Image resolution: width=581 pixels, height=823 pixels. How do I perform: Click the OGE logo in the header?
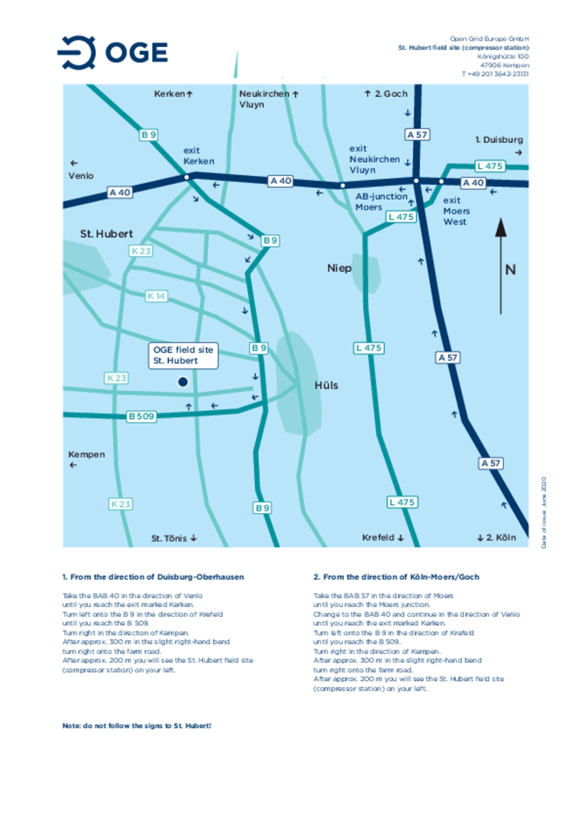pyautogui.click(x=113, y=52)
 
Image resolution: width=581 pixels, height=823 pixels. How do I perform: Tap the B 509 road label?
pyautogui.click(x=141, y=416)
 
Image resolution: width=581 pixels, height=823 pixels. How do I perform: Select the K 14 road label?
pyautogui.click(x=156, y=296)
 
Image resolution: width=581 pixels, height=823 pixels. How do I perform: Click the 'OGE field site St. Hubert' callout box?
pyautogui.click(x=183, y=355)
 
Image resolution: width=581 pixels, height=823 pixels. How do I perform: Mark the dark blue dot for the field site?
pyautogui.click(x=183, y=382)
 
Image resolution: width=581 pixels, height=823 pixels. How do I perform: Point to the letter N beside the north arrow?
pyautogui.click(x=510, y=270)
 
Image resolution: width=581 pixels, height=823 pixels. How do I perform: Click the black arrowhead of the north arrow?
pyautogui.click(x=501, y=228)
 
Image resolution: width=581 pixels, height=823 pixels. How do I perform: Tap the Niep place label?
pyautogui.click(x=339, y=268)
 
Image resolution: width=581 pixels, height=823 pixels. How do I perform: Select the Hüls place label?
pyautogui.click(x=326, y=385)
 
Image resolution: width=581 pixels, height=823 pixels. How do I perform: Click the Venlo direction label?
pyautogui.click(x=81, y=176)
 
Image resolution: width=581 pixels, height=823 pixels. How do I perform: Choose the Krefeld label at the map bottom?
pyautogui.click(x=378, y=537)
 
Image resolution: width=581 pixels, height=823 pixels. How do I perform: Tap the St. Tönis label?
pyautogui.click(x=169, y=538)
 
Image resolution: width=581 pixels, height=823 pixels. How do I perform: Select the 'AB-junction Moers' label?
pyautogui.click(x=381, y=202)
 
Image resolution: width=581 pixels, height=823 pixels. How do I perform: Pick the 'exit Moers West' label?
pyautogui.click(x=456, y=211)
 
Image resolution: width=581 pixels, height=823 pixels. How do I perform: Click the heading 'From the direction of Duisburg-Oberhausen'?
pyautogui.click(x=153, y=577)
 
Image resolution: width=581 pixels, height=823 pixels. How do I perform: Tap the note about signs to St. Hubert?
pyautogui.click(x=137, y=725)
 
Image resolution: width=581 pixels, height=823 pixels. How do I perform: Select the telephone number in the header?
pyautogui.click(x=495, y=74)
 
